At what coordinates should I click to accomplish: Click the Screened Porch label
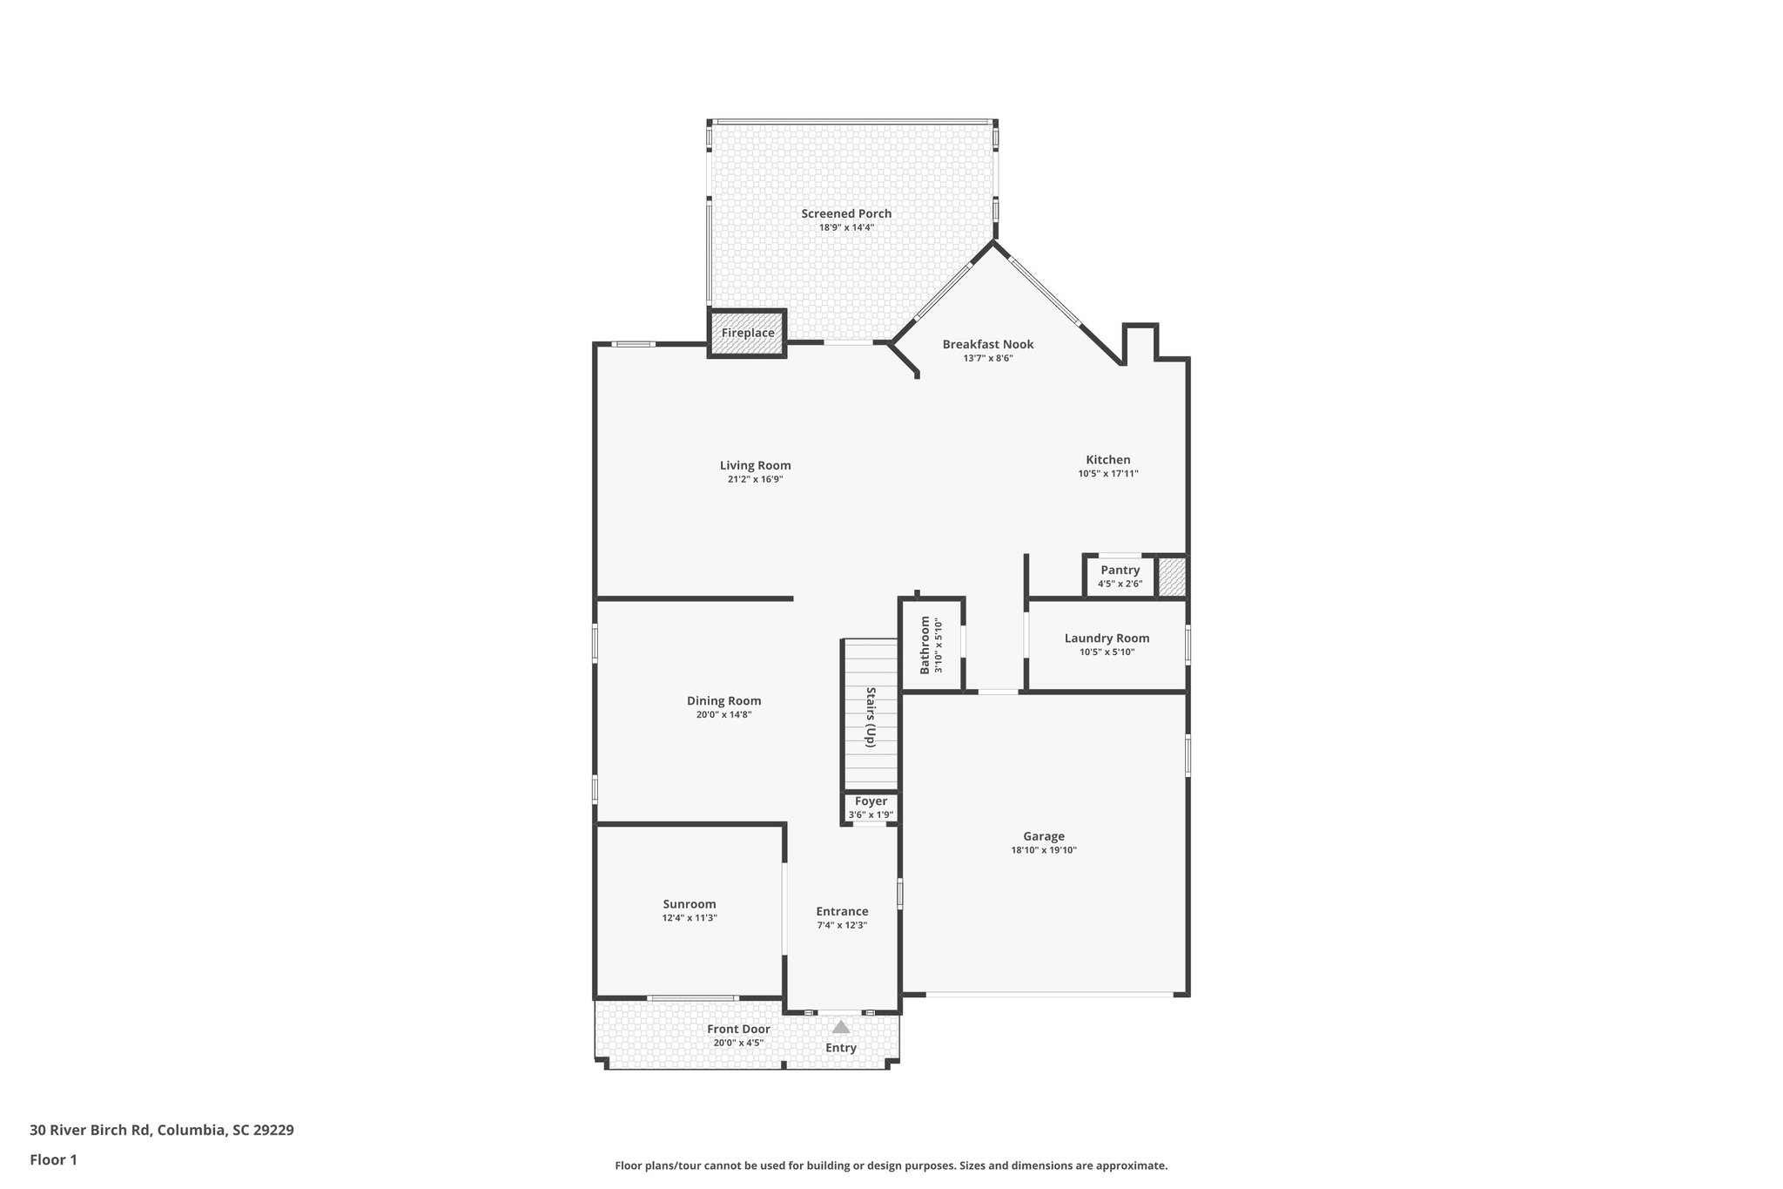tap(846, 213)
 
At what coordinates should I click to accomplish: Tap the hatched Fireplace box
tap(747, 333)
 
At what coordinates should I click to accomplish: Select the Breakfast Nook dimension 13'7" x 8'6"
tap(988, 358)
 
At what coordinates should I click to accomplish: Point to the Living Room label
tap(755, 465)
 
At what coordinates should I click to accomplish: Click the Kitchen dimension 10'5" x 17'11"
tap(1107, 474)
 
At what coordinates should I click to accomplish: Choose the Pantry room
tap(1120, 576)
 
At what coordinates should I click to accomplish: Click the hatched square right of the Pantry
tap(1172, 577)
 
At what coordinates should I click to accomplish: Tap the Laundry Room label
tap(1107, 638)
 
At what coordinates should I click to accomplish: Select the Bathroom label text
tap(925, 645)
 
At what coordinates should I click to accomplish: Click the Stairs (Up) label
tap(870, 717)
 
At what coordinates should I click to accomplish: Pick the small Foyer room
tap(871, 807)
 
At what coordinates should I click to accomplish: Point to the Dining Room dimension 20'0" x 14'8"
tap(723, 715)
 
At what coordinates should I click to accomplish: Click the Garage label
tap(1043, 836)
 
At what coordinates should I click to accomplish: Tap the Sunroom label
tap(689, 904)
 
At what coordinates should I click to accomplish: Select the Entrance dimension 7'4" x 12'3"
tap(842, 925)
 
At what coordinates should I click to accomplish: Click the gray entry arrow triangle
tap(840, 1027)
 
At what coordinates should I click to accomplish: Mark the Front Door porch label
tap(738, 1029)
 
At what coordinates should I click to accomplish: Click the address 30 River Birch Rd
tap(161, 1131)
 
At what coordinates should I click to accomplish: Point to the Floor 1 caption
tap(53, 1159)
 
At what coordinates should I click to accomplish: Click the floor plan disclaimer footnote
tap(891, 1165)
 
